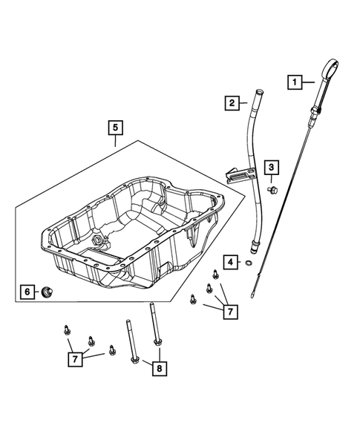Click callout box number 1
295,82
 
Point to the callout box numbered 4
232,262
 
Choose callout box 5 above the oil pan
115,128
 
